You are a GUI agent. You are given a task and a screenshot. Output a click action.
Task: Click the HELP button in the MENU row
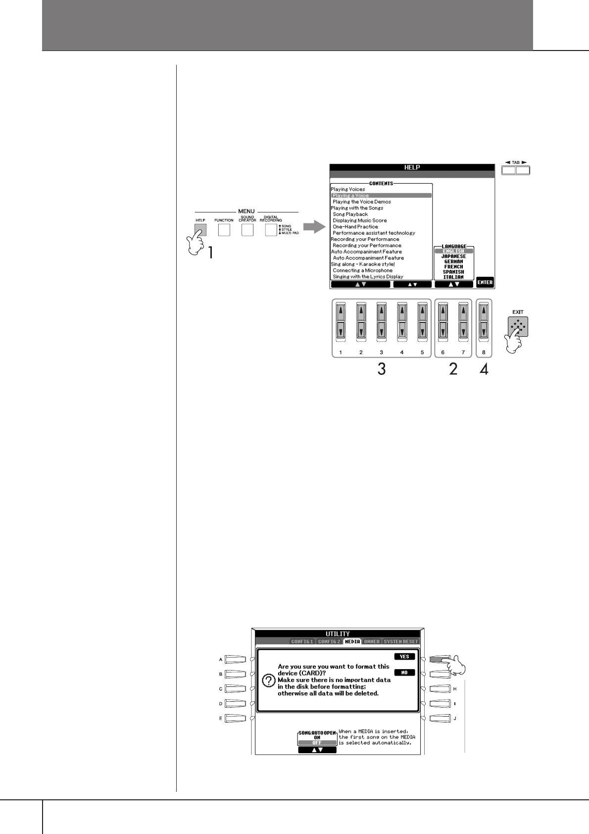[x=200, y=230]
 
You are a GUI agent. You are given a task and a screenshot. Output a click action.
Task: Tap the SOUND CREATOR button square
[x=247, y=230]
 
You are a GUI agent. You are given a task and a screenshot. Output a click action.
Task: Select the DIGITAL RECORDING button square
[x=271, y=230]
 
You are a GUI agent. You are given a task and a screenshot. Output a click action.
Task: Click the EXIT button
[x=518, y=327]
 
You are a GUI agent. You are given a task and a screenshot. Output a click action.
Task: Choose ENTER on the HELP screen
[x=485, y=282]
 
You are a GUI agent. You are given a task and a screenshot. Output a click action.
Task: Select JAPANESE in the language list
[x=454, y=257]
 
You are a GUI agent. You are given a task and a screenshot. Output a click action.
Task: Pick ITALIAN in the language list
[x=454, y=277]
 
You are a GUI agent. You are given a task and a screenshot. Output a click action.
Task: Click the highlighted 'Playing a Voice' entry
[x=381, y=196]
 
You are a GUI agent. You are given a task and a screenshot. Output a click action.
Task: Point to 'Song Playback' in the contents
[x=350, y=214]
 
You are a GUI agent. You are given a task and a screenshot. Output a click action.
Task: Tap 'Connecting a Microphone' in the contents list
[x=363, y=270]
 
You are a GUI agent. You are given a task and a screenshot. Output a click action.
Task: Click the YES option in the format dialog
[x=404, y=657]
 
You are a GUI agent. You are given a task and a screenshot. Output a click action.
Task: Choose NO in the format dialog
[x=404, y=673]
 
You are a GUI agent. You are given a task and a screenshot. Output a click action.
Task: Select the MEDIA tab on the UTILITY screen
[x=352, y=641]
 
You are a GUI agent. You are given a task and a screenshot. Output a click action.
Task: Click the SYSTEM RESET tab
[x=401, y=641]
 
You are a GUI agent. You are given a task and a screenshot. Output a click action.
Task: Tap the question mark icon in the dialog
[x=268, y=681]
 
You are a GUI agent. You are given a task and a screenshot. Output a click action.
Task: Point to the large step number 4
[x=484, y=369]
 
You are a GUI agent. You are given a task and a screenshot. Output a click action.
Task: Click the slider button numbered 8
[x=484, y=322]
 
